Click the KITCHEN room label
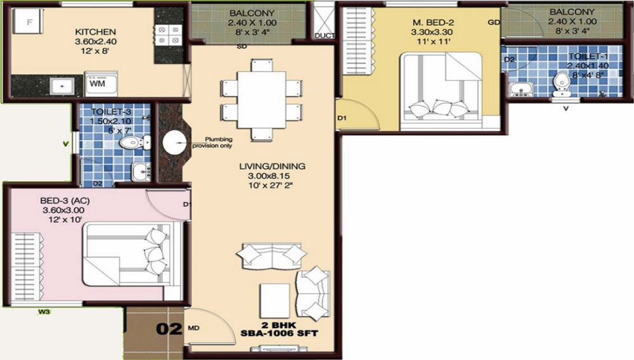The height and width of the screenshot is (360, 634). click(x=95, y=32)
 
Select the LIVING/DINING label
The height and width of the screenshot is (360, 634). click(x=272, y=166)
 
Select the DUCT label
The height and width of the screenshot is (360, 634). click(x=324, y=35)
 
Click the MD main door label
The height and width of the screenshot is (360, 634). click(x=194, y=329)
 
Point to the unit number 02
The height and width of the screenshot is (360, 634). click(x=167, y=329)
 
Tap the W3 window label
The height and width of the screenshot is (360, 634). click(x=44, y=311)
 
